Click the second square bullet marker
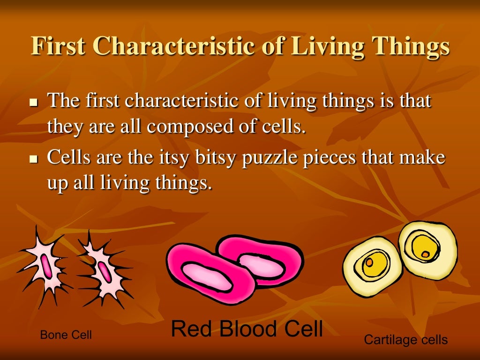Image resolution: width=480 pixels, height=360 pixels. (33, 159)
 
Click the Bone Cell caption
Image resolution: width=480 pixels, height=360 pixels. (66, 335)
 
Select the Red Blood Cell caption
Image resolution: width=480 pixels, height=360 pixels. (247, 329)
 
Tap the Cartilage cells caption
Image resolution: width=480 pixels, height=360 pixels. (406, 339)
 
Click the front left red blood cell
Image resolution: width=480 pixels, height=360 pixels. (206, 272)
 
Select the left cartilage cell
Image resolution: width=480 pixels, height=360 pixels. (373, 265)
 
